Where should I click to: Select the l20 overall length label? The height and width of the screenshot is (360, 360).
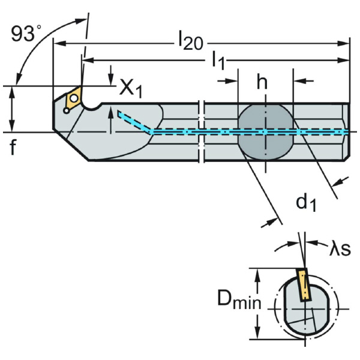pos(190,42)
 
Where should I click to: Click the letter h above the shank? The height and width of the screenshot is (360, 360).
pos(262,83)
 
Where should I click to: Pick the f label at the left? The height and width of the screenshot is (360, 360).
pos(13,147)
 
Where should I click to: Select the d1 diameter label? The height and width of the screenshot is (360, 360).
pos(305,203)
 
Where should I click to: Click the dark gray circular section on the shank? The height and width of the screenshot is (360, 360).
pos(265,131)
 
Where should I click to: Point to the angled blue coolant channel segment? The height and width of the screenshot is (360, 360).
pos(134,121)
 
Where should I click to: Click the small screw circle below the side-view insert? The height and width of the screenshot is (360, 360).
pos(64,109)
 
